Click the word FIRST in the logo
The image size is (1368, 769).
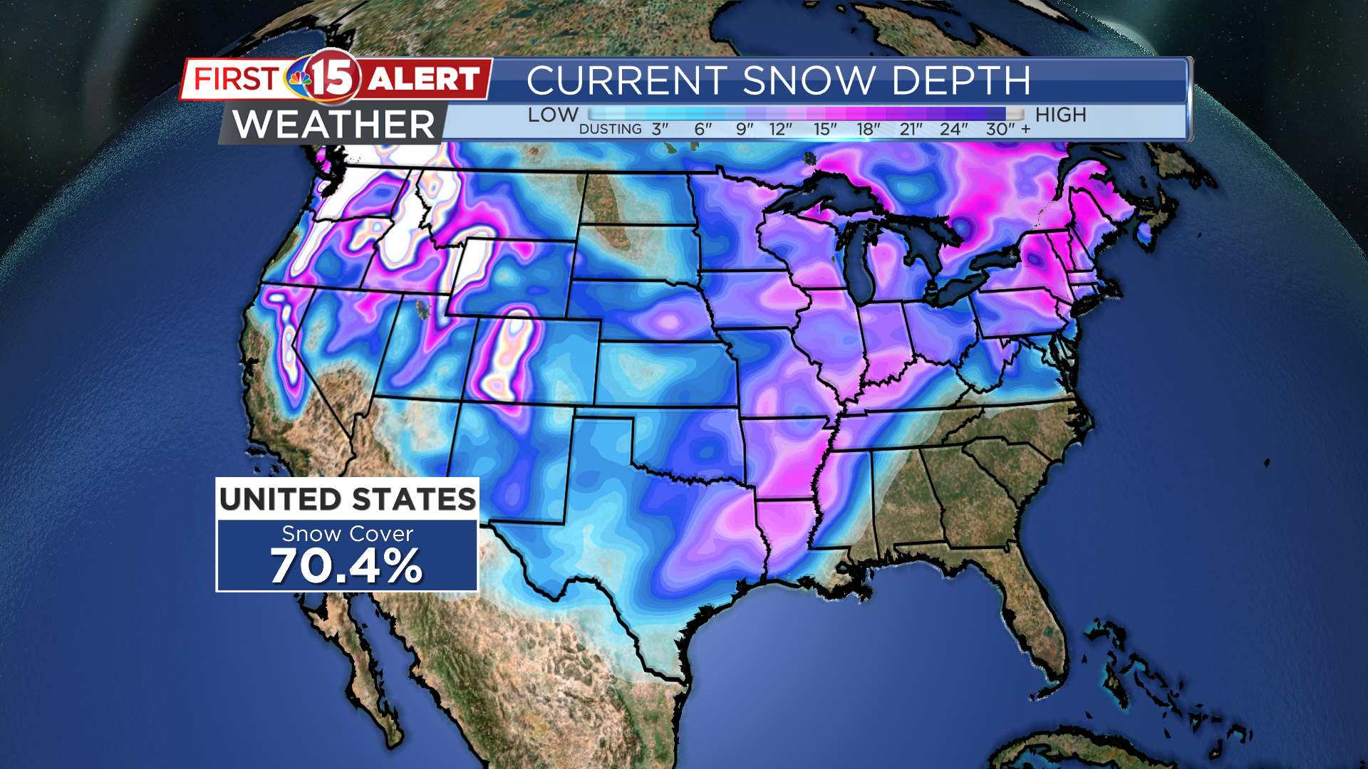[236, 79]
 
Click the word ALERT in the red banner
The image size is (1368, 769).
[424, 79]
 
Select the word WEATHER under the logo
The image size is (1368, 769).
[333, 125]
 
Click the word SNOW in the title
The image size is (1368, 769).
[809, 80]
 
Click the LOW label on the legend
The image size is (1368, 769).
[553, 115]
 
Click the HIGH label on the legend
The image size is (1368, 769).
[1060, 115]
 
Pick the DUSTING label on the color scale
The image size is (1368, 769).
[611, 130]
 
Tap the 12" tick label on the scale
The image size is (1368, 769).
[781, 130]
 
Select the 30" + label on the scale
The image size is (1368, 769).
[1007, 130]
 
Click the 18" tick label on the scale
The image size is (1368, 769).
[869, 130]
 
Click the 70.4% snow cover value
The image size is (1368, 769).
[347, 567]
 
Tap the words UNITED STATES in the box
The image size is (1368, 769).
[347, 499]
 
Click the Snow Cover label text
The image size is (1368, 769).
[347, 534]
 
